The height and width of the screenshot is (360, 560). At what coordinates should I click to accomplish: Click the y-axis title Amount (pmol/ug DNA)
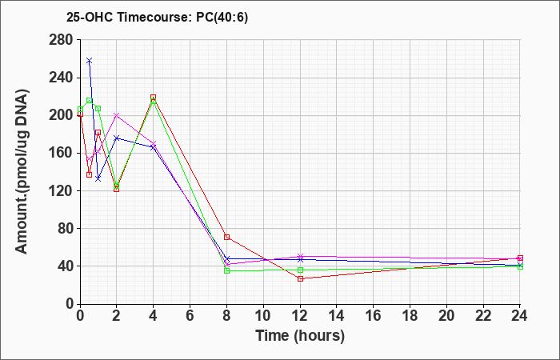pos(22,171)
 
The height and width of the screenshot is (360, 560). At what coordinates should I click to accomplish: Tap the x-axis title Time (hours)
pos(300,336)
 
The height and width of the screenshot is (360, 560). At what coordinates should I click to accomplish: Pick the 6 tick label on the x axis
pos(190,316)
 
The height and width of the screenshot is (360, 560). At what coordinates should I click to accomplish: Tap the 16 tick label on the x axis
pos(374,316)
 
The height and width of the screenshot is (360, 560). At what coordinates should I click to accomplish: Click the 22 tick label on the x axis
pos(483,316)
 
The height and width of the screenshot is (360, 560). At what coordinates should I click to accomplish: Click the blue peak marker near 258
pos(90,61)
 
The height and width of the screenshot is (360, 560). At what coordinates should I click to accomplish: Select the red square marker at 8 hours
pos(226,237)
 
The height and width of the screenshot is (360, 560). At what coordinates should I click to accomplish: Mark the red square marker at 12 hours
pos(300,279)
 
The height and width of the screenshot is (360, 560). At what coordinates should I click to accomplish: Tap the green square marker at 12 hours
pos(300,270)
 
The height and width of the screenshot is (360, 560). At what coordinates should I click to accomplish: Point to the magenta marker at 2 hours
pos(117,115)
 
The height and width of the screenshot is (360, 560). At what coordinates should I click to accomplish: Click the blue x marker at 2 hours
pos(117,138)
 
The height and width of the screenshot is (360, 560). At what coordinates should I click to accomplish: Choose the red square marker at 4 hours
pos(154,97)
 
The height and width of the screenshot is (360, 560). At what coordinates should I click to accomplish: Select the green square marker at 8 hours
pos(226,270)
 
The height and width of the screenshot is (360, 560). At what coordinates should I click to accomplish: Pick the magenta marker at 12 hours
pos(300,257)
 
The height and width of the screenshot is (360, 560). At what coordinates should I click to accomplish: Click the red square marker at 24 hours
pos(520,258)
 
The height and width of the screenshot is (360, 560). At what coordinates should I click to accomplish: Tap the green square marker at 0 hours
pos(80,110)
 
